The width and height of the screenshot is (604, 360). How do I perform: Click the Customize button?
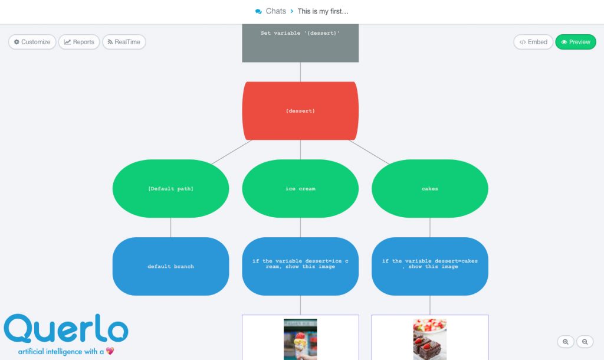click(x=32, y=42)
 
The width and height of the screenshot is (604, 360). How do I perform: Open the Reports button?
click(x=79, y=42)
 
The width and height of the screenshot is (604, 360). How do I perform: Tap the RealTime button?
click(x=124, y=42)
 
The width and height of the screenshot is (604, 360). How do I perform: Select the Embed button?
click(x=533, y=42)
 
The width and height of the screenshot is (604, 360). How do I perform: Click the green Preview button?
click(x=576, y=42)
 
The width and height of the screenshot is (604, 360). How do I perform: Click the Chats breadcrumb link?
click(x=271, y=11)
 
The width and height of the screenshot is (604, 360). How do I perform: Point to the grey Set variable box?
click(x=300, y=43)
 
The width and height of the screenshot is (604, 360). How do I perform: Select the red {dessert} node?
click(x=300, y=111)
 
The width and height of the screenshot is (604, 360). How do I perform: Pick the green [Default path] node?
click(x=170, y=189)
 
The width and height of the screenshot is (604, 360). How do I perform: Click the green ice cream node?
click(x=300, y=189)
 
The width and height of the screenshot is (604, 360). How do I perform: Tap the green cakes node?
click(x=430, y=189)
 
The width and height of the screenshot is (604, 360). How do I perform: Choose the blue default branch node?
click(x=170, y=266)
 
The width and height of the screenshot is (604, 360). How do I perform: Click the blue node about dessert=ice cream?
click(x=300, y=266)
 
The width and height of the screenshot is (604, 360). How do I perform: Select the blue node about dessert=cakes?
click(x=430, y=266)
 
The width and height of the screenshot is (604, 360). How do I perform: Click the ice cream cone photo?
click(x=300, y=339)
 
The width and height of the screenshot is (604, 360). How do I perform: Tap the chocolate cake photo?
click(x=430, y=339)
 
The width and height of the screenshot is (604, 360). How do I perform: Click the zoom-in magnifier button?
click(x=566, y=342)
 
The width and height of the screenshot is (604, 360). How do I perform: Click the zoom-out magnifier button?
click(x=585, y=342)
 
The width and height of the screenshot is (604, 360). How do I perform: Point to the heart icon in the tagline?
click(x=110, y=351)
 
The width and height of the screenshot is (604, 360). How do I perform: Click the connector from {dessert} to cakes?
click(x=369, y=152)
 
